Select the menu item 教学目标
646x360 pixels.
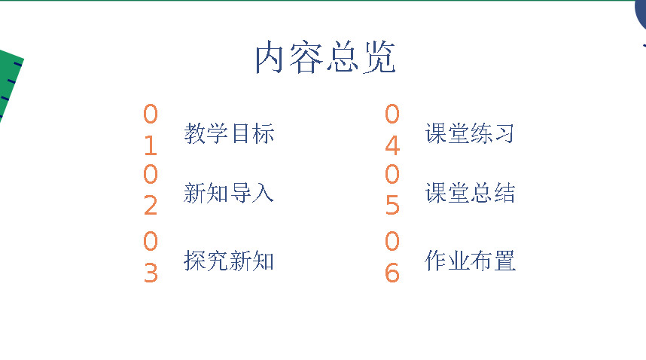229,133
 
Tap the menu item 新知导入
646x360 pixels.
229,193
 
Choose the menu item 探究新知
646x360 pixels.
229,261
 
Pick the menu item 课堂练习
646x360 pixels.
470,133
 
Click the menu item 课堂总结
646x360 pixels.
470,193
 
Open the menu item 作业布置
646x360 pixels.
470,261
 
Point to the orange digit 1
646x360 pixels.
151,145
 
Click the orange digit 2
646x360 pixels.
151,205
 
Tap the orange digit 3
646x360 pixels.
151,273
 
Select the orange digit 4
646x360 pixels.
392,145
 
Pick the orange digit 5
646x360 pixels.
392,205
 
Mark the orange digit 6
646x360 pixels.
392,273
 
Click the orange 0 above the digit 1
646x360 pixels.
151,114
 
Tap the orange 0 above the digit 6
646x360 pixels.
392,241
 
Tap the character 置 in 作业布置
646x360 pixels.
504,261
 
